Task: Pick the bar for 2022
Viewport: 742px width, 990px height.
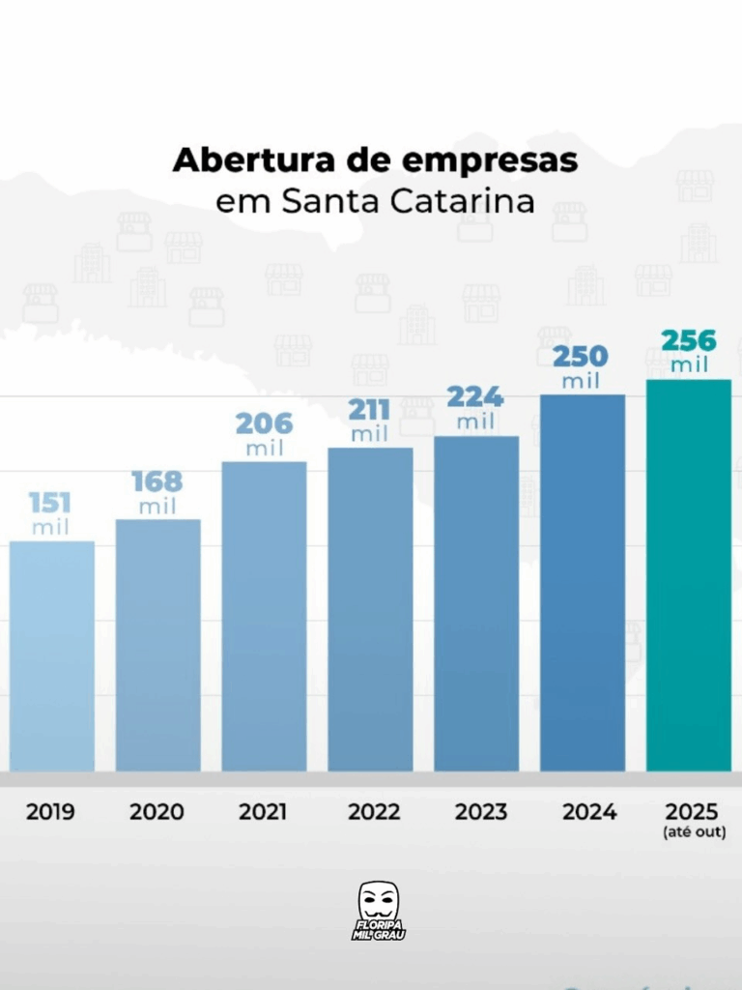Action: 370,609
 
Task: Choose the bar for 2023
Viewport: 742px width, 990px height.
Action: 476,603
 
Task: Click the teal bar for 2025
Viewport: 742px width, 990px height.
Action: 689,575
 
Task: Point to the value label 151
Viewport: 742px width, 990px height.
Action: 50,503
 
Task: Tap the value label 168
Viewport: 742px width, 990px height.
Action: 157,481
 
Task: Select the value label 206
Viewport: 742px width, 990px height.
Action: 264,423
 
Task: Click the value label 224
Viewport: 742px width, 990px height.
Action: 475,397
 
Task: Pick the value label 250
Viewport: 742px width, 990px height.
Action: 581,356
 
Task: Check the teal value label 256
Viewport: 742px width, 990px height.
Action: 689,341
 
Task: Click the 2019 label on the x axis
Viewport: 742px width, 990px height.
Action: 50,812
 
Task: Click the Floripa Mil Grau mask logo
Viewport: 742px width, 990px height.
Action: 379,909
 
